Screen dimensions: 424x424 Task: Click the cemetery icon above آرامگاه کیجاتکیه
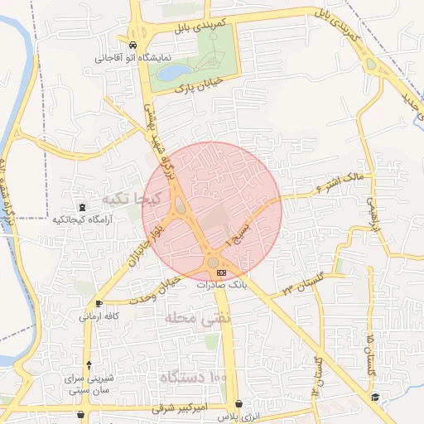tap(81, 207)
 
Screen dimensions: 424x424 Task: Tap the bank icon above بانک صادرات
tap(221, 272)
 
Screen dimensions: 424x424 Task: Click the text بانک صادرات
tap(221, 284)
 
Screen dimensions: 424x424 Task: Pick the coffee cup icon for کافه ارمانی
tap(99, 304)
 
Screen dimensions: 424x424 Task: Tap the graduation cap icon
tap(374, 398)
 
